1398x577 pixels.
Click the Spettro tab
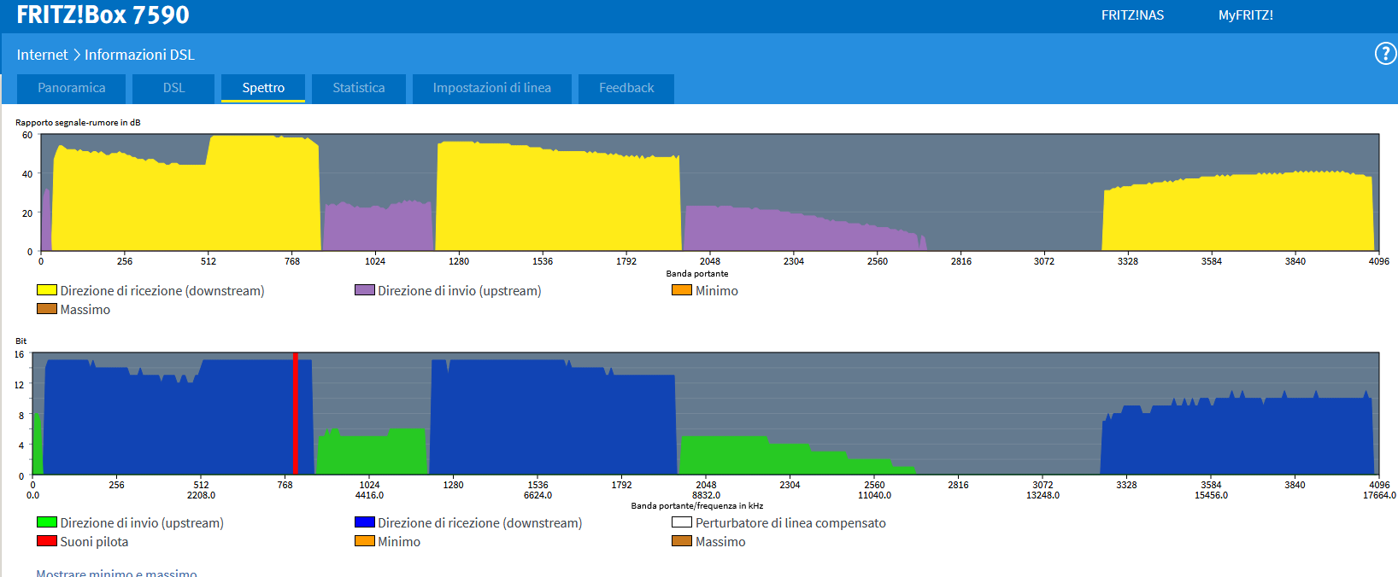(x=263, y=88)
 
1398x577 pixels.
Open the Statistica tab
(x=358, y=88)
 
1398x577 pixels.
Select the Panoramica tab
(x=72, y=88)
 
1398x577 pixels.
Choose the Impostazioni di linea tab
(x=491, y=88)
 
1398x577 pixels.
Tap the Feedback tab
(x=626, y=88)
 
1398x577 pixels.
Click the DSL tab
(x=174, y=88)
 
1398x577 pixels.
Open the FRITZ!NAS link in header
(x=1132, y=15)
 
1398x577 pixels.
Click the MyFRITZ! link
(x=1245, y=15)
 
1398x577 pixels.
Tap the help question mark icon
(x=1384, y=55)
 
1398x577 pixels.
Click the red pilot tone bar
(x=296, y=414)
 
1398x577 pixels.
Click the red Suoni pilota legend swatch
(x=47, y=541)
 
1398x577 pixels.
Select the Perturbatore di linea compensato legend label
(x=790, y=523)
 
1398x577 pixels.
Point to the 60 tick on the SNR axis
(x=27, y=135)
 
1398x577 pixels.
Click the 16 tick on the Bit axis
(x=20, y=354)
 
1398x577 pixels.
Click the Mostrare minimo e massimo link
(x=116, y=573)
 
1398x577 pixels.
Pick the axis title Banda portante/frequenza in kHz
(x=696, y=506)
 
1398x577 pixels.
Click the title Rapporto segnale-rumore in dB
(x=78, y=123)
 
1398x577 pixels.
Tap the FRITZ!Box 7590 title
(x=103, y=15)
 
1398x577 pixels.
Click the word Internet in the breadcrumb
(x=42, y=55)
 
